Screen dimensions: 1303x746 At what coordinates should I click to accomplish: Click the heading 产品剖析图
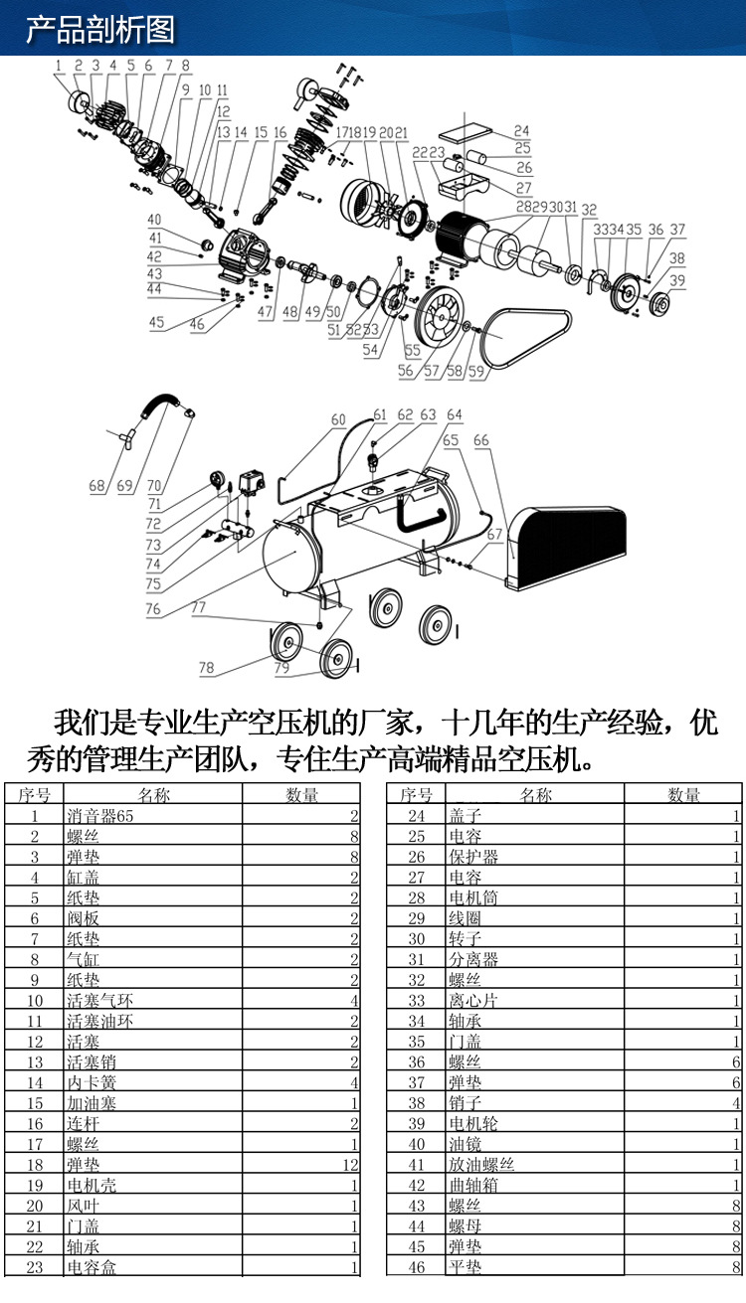coord(99,29)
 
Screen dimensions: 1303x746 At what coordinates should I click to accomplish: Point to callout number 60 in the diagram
coord(338,419)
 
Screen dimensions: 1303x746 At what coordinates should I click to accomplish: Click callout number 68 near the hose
coord(96,486)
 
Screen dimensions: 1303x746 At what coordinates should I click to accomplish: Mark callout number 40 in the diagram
coord(154,220)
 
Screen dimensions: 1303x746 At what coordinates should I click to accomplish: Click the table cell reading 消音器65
coord(99,816)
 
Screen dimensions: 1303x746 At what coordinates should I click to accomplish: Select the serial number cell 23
coord(34,1267)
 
